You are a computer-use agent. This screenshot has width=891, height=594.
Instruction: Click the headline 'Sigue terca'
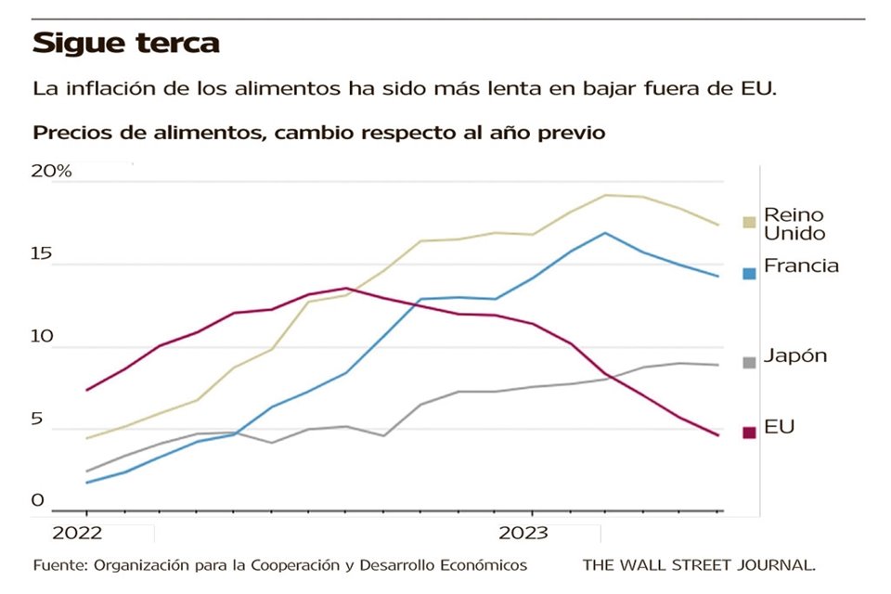click(x=126, y=44)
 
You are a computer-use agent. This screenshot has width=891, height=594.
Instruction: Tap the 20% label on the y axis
click(x=51, y=172)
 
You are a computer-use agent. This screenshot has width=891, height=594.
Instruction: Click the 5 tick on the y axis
click(x=39, y=420)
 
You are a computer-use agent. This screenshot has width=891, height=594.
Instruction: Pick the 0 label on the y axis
click(x=38, y=501)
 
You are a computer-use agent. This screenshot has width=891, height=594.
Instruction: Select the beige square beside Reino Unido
click(x=749, y=222)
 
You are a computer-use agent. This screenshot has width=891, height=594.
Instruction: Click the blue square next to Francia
click(x=749, y=273)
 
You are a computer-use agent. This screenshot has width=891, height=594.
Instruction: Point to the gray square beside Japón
click(x=749, y=362)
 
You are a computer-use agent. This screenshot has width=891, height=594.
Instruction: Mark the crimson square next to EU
click(x=749, y=433)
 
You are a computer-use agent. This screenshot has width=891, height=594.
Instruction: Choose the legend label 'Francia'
click(x=801, y=266)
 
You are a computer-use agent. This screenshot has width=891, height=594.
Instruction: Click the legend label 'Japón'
click(x=794, y=356)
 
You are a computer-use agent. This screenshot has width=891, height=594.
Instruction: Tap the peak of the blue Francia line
click(x=605, y=233)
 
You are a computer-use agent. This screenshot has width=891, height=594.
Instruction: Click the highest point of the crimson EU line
click(x=345, y=288)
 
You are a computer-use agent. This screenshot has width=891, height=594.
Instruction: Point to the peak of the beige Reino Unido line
click(x=605, y=195)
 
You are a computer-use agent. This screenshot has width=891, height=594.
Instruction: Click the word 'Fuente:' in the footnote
click(x=59, y=564)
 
